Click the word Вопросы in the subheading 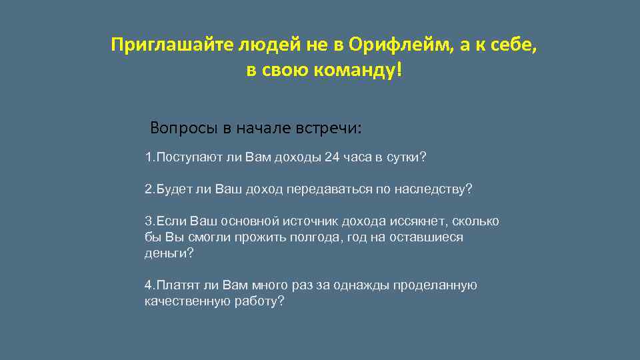click(179, 127)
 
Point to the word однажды click(365, 285)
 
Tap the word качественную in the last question click(187, 301)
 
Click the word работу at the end click(259, 301)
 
